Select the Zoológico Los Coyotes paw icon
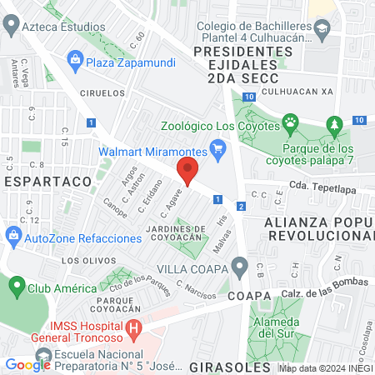(x=290, y=125)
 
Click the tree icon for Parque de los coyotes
(x=335, y=125)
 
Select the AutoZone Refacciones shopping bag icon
(x=13, y=238)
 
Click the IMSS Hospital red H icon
(x=132, y=330)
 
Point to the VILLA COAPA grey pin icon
(x=240, y=268)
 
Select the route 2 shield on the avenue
(x=241, y=206)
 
